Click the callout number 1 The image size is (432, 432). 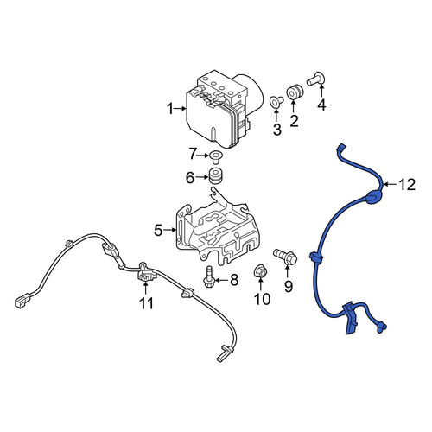pyautogui.click(x=170, y=109)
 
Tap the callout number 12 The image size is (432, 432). pyautogui.click(x=407, y=185)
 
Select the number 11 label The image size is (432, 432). pyautogui.click(x=146, y=302)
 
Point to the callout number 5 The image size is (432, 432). pyautogui.click(x=158, y=230)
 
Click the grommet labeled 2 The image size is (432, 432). pyautogui.click(x=295, y=92)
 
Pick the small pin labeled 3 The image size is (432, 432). pyautogui.click(x=276, y=101)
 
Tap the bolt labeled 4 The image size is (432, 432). pyautogui.click(x=316, y=79)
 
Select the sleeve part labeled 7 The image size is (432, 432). pyautogui.click(x=214, y=156)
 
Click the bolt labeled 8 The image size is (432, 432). pyautogui.click(x=208, y=276)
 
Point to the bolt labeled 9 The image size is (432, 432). pyautogui.click(x=285, y=257)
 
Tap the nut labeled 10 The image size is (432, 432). pyautogui.click(x=259, y=272)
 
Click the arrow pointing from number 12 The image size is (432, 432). pyautogui.click(x=391, y=184)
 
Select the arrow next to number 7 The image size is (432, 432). pyautogui.click(x=202, y=156)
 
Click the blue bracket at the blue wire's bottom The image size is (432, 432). pyautogui.click(x=350, y=318)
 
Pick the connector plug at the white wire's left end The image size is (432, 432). pyautogui.click(x=22, y=301)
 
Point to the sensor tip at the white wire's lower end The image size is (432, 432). pyautogui.click(x=222, y=355)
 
